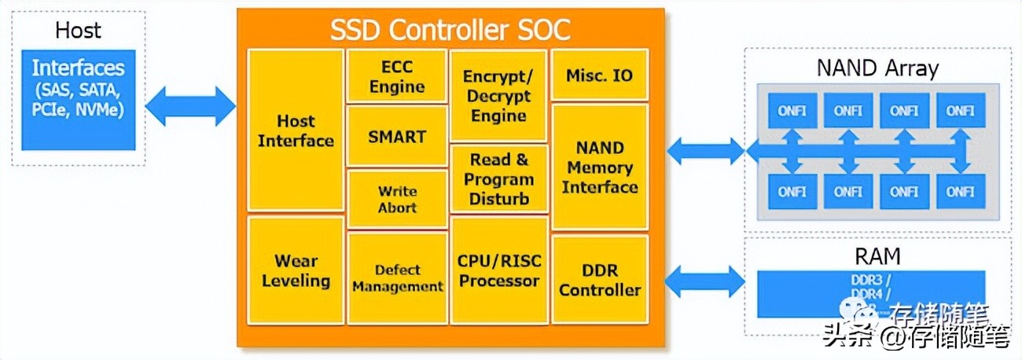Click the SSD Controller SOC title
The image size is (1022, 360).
[x=450, y=30]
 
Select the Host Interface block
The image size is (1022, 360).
[x=296, y=130]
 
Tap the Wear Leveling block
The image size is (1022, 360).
[x=296, y=270]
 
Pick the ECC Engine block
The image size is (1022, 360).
[x=396, y=76]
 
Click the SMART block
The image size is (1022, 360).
[x=396, y=137]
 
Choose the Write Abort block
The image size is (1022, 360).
[x=396, y=199]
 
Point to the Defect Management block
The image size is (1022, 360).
[x=396, y=278]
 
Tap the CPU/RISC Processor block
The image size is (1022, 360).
[x=498, y=270]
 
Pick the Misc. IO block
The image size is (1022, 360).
[x=599, y=75]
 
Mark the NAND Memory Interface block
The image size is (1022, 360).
[x=599, y=167]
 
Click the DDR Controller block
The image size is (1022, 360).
[x=599, y=280]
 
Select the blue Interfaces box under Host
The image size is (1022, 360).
[x=78, y=100]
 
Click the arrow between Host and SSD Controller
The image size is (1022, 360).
[x=190, y=106]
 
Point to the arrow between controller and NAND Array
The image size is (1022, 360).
[x=705, y=150]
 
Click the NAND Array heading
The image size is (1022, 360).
[x=877, y=68]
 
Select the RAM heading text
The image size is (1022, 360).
[x=877, y=256]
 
